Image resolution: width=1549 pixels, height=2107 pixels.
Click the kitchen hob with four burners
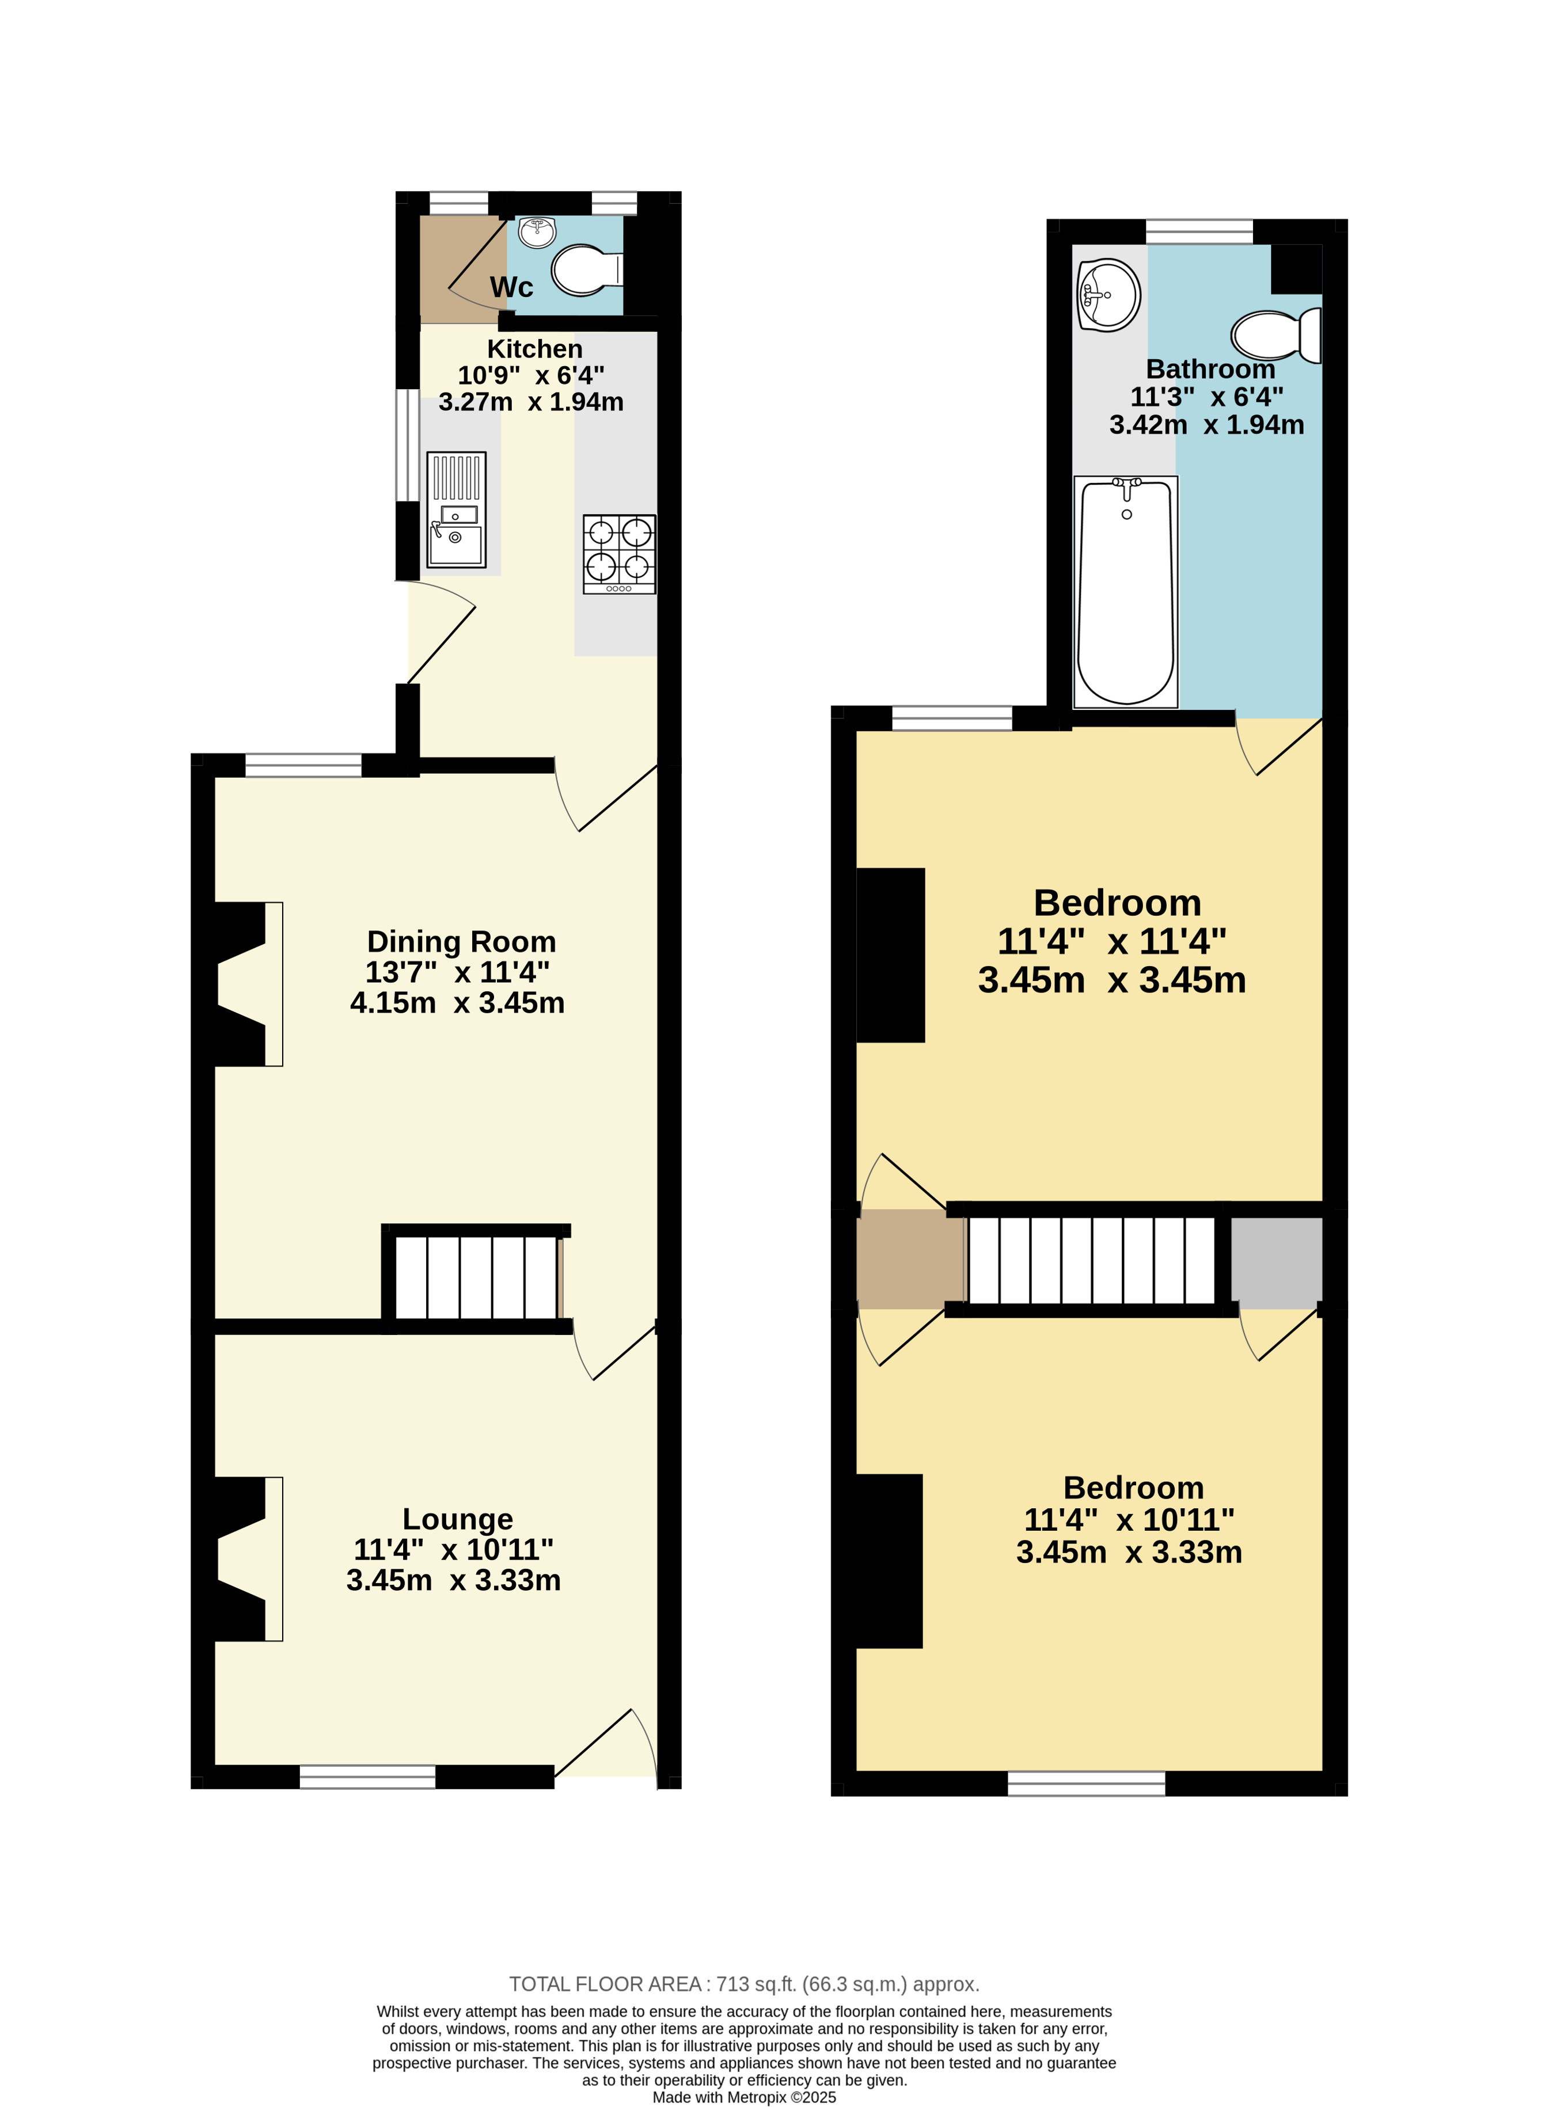click(619, 554)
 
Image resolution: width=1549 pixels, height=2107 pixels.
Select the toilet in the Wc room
click(587, 271)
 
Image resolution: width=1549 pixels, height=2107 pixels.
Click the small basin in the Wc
click(537, 231)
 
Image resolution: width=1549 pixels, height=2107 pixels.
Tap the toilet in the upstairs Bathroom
click(1276, 336)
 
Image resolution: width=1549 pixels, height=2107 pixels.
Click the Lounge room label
click(458, 1519)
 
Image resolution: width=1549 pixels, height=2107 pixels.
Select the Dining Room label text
click(461, 941)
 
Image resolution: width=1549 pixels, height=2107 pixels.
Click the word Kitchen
click(534, 349)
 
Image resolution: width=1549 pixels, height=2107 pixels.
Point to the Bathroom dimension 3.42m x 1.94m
click(1207, 425)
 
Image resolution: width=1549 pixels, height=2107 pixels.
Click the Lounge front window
click(367, 1776)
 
